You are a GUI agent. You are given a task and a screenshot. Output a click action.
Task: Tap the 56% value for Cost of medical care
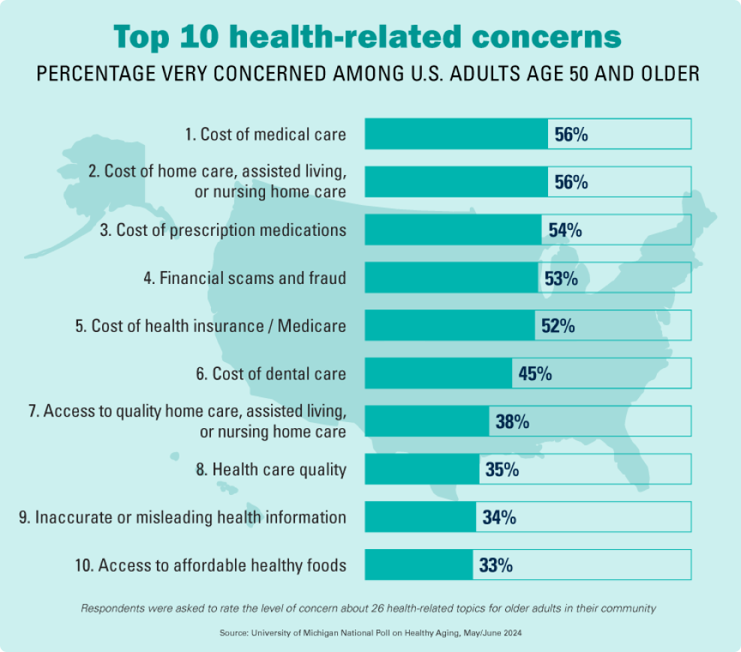(x=571, y=134)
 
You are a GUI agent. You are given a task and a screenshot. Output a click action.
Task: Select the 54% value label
(x=565, y=231)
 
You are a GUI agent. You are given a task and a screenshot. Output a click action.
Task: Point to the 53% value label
(x=561, y=279)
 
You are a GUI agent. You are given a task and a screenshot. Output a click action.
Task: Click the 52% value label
(x=558, y=327)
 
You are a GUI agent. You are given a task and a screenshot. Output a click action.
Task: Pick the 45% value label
(x=535, y=373)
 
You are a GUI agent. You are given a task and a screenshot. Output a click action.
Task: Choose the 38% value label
(x=512, y=422)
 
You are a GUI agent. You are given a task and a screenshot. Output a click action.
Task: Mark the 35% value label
(x=502, y=470)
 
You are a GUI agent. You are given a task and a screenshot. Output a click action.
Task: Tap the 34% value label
(x=499, y=518)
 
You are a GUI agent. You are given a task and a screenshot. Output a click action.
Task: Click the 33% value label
(x=496, y=566)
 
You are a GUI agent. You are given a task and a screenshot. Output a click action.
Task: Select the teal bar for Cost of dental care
(x=438, y=373)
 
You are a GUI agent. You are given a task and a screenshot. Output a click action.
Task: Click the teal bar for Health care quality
(x=422, y=470)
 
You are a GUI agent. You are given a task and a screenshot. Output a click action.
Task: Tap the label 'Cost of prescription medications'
(x=223, y=231)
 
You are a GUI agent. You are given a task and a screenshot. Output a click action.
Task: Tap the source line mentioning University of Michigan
(x=369, y=633)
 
